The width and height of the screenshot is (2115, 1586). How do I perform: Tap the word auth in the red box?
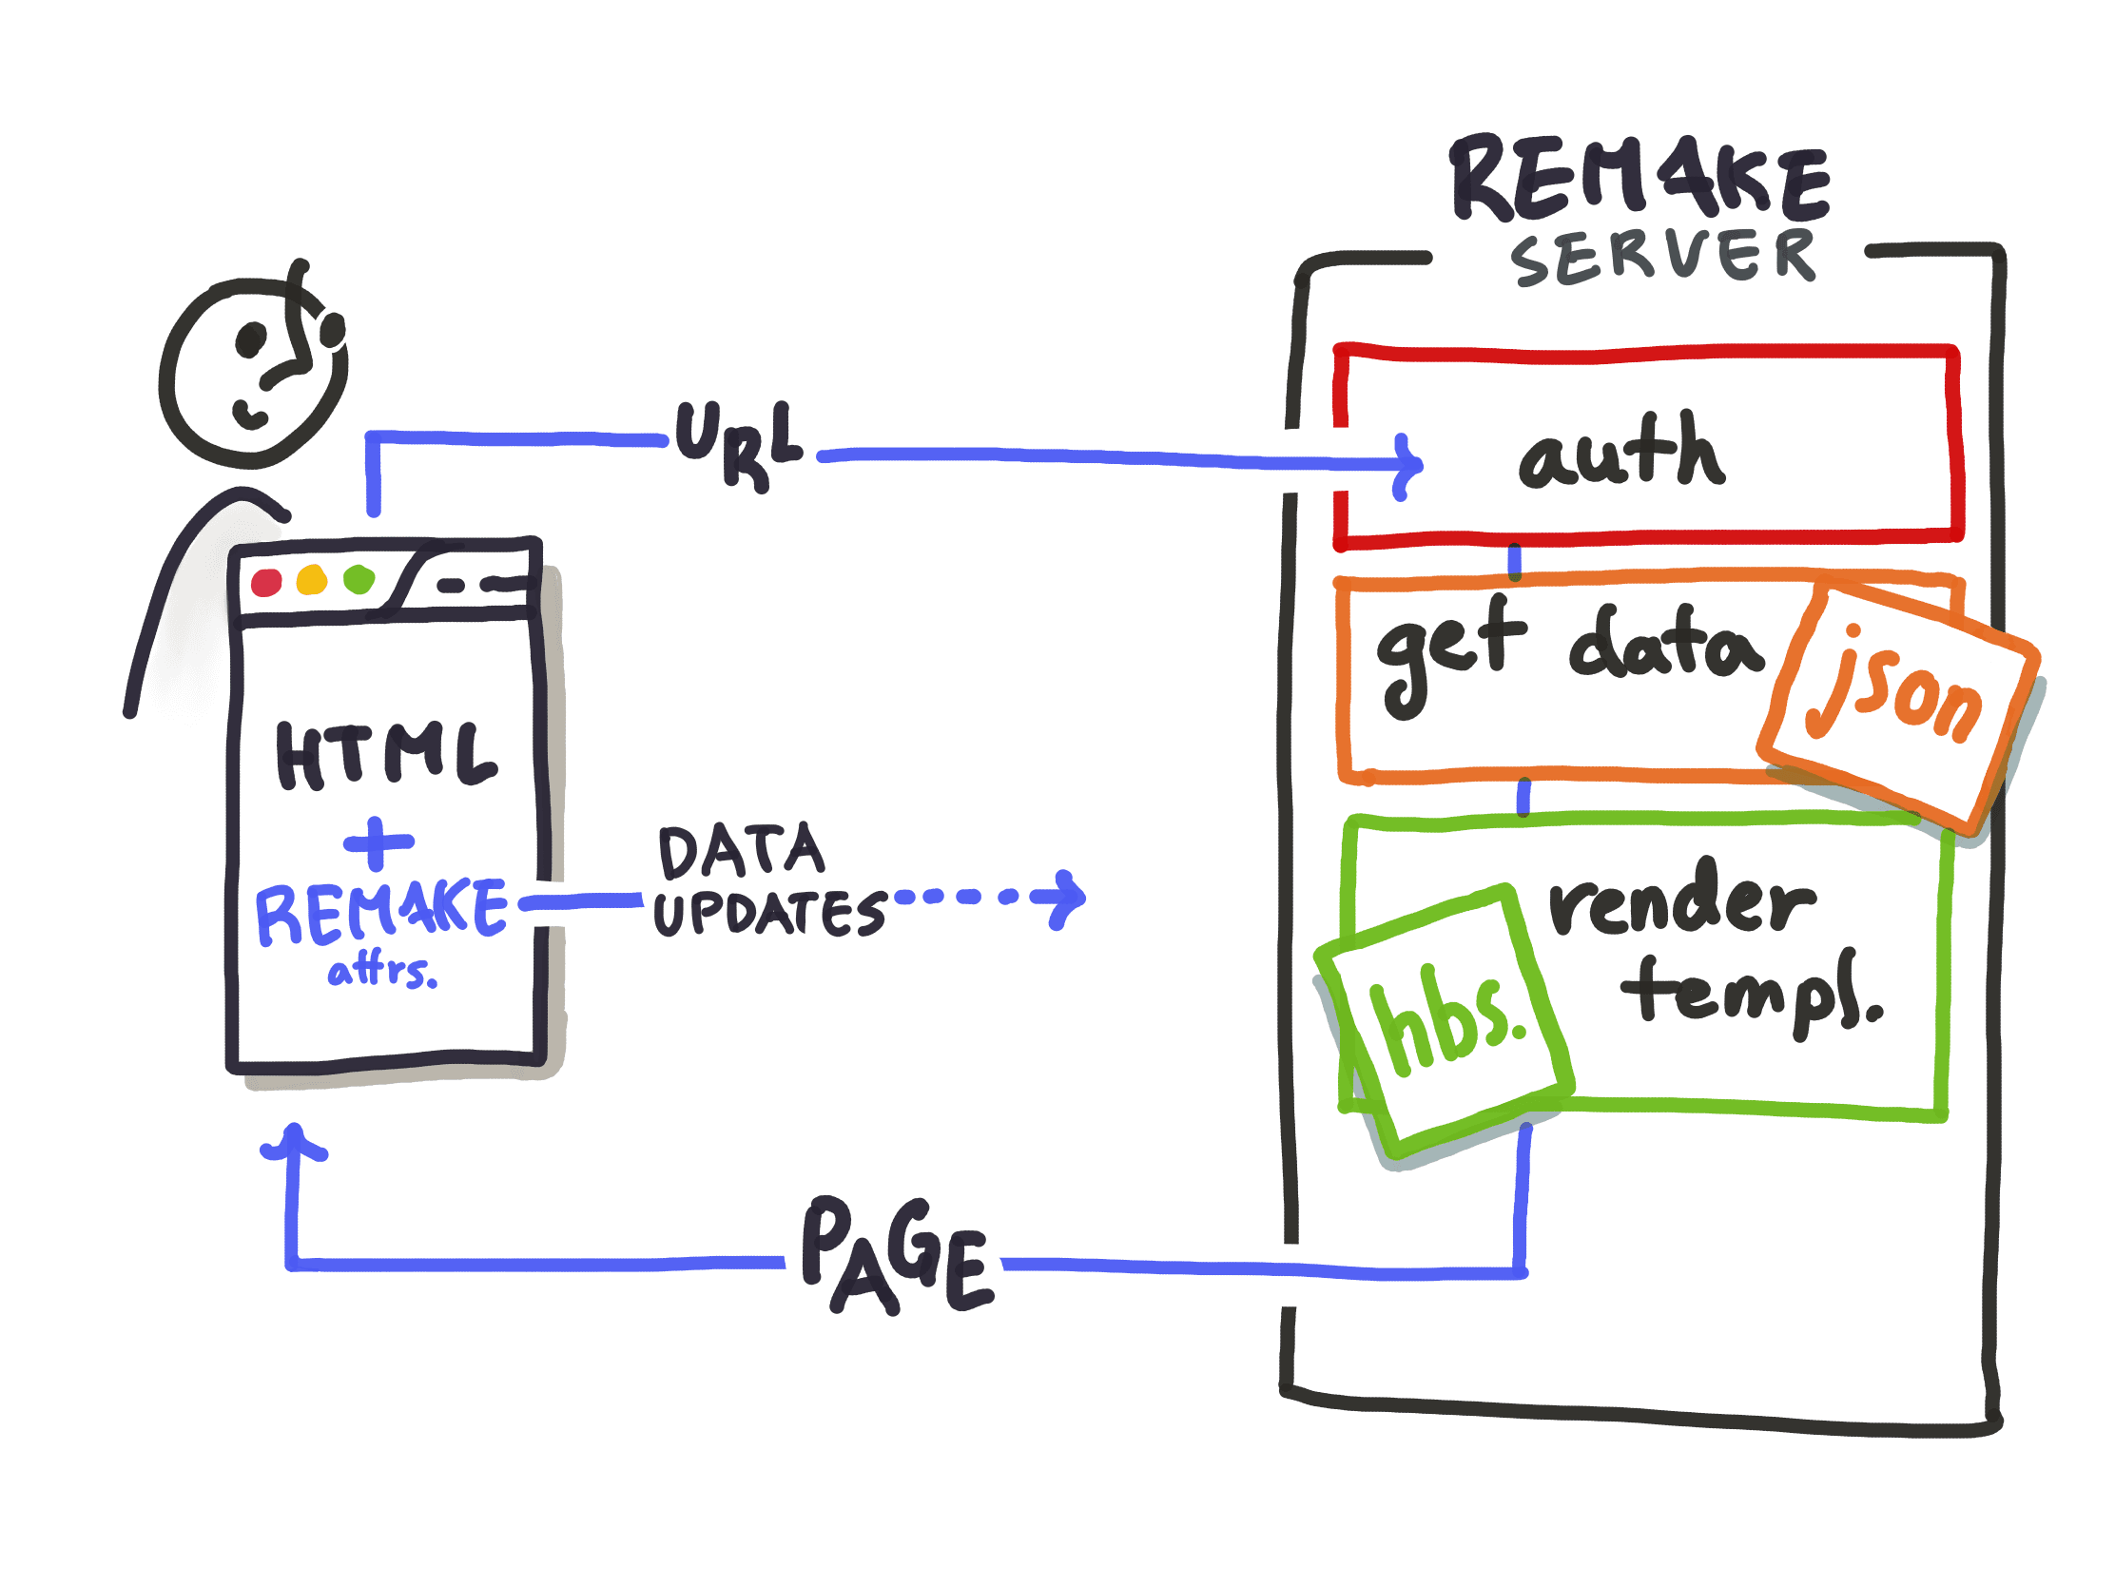tap(1621, 452)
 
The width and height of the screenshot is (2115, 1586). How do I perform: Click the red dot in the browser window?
tap(267, 582)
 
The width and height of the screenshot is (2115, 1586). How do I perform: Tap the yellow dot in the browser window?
tap(312, 580)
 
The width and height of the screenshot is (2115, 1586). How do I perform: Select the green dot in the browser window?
tap(359, 579)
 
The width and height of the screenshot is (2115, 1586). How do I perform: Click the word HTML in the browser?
tap(385, 754)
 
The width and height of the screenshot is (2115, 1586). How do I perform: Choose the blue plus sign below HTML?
tap(378, 842)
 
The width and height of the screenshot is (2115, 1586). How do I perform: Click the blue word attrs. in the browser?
tap(382, 973)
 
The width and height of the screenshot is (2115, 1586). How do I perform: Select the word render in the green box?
tap(1681, 899)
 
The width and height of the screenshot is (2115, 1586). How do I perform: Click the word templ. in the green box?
tap(1752, 994)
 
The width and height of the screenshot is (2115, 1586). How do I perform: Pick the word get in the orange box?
tap(1449, 651)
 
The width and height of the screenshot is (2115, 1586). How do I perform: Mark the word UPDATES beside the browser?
tap(768, 913)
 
